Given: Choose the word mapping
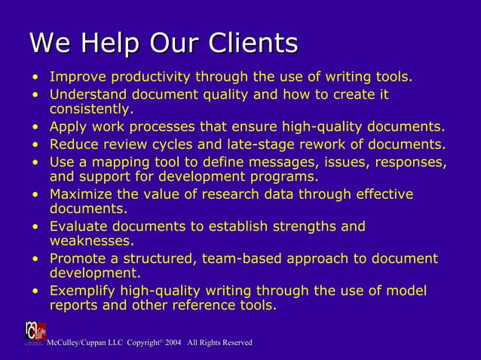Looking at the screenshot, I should click(118, 161).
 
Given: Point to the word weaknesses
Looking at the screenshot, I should click(91, 241).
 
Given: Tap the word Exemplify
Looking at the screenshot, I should click(84, 291).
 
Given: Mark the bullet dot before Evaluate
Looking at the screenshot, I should click(35, 227).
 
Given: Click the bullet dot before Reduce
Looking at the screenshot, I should click(35, 144).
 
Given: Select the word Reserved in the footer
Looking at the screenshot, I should click(234, 343).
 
